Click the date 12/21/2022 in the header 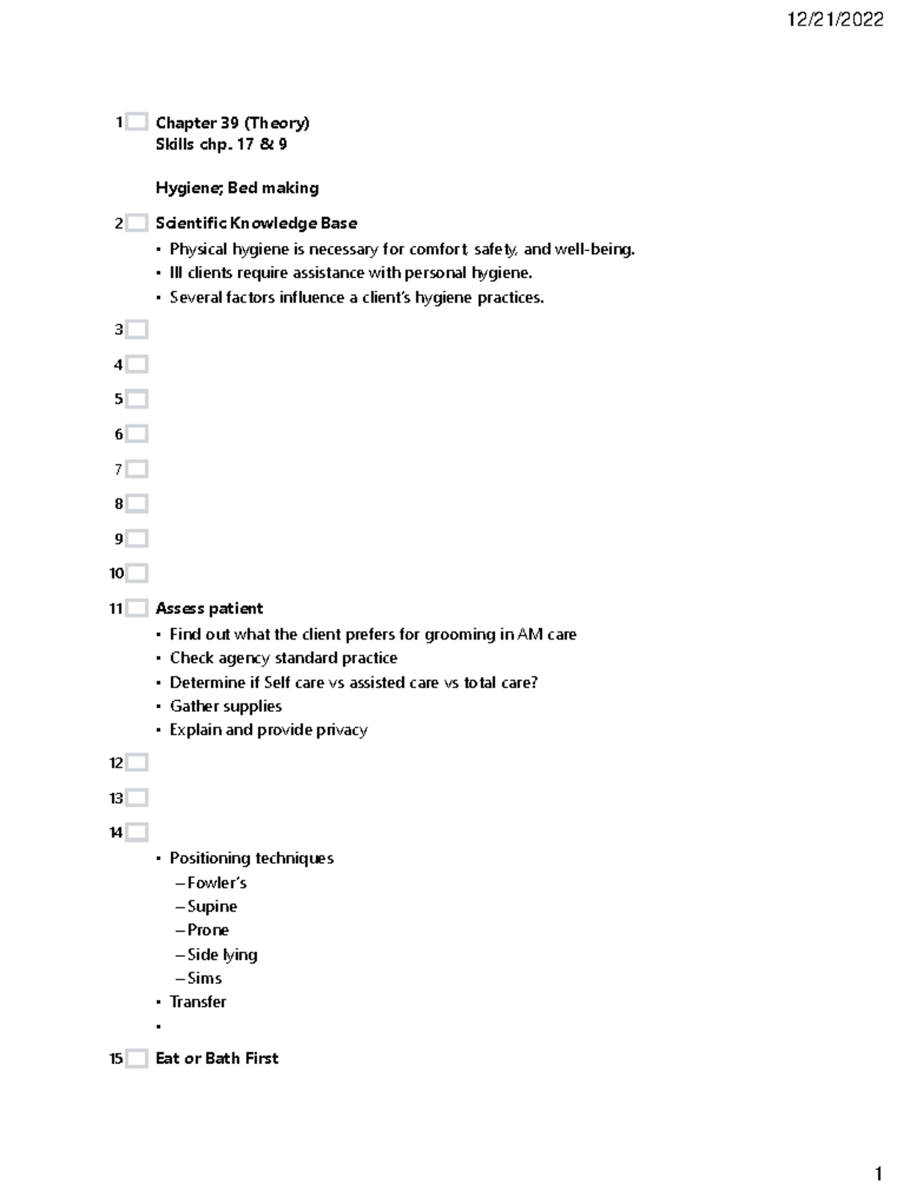[835, 19]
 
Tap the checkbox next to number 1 [137, 122]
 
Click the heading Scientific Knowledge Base [256, 223]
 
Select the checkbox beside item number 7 [137, 469]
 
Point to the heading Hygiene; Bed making [237, 188]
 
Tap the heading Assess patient [209, 609]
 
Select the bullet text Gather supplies [225, 706]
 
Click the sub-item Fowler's [216, 883]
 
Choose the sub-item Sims [204, 978]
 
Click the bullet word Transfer [197, 1002]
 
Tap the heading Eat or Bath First [216, 1059]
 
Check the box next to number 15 [137, 1059]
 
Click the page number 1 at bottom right [878, 1171]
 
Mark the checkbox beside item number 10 [137, 574]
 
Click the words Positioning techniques [251, 859]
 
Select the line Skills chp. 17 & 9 [221, 145]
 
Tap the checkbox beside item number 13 [137, 798]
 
